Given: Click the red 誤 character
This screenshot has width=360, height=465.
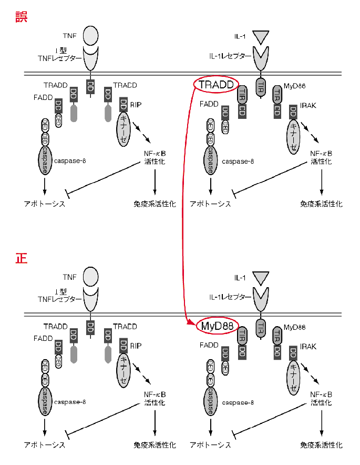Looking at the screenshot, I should [20, 17].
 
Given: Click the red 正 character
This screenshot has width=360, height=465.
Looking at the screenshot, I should [20, 258].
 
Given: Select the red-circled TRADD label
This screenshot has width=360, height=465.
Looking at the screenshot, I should [216, 84].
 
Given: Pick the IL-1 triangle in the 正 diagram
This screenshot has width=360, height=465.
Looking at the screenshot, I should [260, 277].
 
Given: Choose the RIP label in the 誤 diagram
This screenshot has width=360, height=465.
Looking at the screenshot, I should [136, 105].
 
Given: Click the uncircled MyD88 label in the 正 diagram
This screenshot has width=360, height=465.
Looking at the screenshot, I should [295, 327].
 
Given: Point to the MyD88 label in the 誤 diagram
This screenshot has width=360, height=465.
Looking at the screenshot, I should [294, 85].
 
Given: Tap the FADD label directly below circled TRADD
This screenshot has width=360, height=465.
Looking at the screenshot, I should [209, 104].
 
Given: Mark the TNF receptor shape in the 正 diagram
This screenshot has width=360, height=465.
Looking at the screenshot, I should [91, 300].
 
